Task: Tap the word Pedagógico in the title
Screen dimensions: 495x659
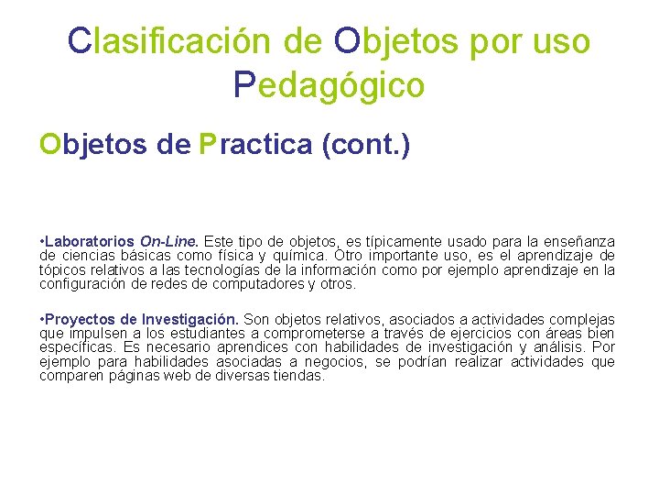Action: point(329,84)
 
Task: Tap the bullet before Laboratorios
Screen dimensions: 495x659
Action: point(43,241)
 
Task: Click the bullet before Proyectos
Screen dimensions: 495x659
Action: point(43,318)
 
